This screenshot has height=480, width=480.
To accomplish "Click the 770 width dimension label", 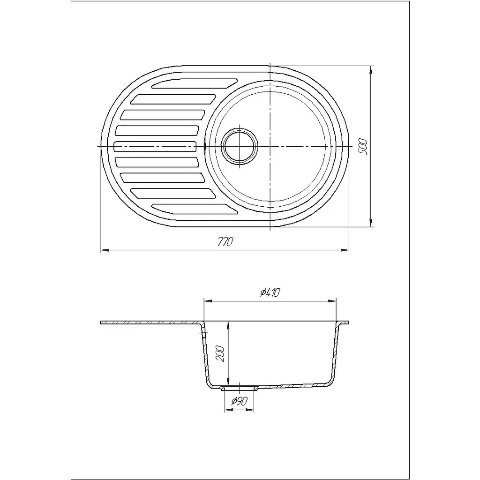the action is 225,242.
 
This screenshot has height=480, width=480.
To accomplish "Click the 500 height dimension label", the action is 362,147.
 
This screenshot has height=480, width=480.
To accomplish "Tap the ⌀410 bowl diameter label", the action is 270,293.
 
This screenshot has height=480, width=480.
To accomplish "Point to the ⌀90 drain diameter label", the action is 239,401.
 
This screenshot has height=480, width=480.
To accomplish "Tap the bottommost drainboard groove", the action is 195,209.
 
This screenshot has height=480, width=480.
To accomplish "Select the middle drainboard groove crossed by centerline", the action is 155,146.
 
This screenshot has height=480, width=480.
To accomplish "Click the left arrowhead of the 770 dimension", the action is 105,250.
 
